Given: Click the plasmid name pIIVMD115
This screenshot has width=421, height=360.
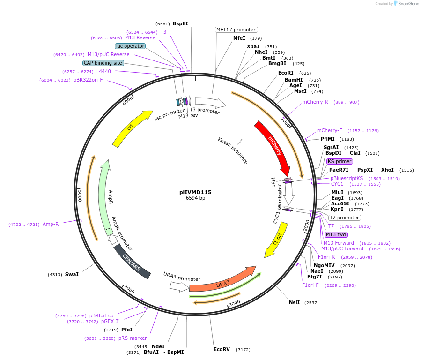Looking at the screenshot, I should [195, 192].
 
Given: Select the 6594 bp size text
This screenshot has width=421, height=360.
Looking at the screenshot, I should [195, 198].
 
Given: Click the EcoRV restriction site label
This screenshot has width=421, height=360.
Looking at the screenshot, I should [222, 349].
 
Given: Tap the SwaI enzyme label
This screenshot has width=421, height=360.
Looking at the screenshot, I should [72, 274].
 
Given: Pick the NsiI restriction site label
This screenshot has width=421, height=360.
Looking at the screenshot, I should [294, 302].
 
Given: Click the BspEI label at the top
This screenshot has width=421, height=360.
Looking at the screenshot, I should [180, 23].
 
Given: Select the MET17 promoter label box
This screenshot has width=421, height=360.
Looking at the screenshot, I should [236, 30].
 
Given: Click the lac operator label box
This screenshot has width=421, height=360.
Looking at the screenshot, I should [130, 46].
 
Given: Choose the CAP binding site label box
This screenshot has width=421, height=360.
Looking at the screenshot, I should [103, 63].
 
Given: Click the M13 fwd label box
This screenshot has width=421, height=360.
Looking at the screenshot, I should [336, 234].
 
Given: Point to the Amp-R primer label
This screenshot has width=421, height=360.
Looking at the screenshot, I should [51, 224].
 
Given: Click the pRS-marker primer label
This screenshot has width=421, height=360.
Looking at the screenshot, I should [133, 338].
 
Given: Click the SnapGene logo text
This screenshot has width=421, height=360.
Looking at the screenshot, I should [407, 4].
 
